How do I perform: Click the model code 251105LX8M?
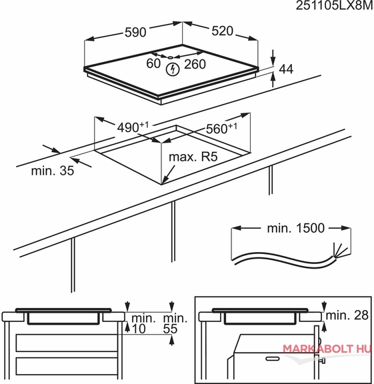(x=335, y=5)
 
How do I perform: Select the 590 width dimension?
(x=135, y=32)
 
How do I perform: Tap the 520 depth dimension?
(x=223, y=31)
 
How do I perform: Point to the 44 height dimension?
(x=286, y=69)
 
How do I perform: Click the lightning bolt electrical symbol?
(x=173, y=69)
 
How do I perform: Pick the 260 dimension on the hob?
(x=195, y=64)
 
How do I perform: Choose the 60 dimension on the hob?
(x=153, y=63)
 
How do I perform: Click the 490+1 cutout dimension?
(x=133, y=127)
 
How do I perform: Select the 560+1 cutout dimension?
(x=221, y=128)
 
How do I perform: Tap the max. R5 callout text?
(x=193, y=157)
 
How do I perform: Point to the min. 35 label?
(x=53, y=171)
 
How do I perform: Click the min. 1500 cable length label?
(x=295, y=228)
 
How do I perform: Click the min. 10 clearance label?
(x=143, y=323)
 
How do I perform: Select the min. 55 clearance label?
(x=175, y=323)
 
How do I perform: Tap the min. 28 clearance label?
(x=347, y=315)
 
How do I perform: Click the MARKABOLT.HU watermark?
(x=327, y=349)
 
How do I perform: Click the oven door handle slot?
(x=273, y=359)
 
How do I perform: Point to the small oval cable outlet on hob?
(x=171, y=57)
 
